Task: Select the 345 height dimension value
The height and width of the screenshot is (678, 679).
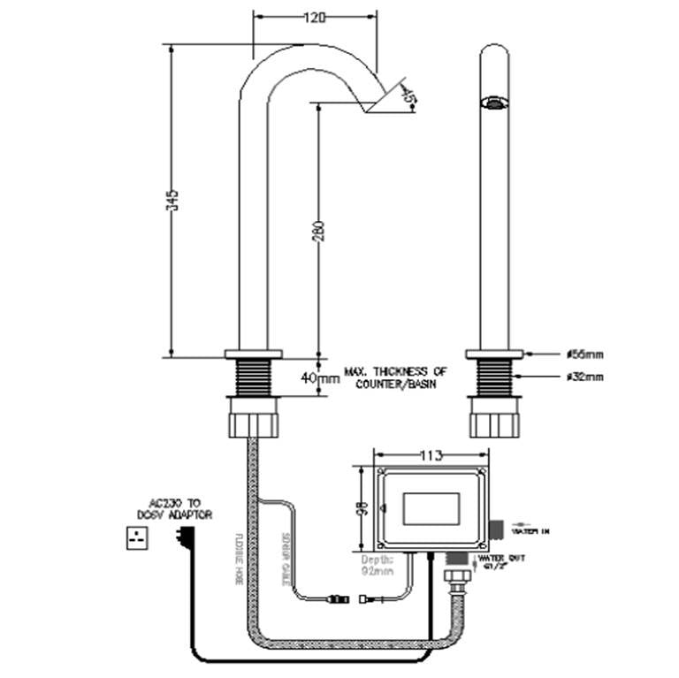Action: click(x=173, y=202)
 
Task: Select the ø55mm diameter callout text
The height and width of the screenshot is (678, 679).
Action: click(x=584, y=354)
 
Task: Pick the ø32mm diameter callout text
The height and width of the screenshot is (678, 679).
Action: click(x=584, y=377)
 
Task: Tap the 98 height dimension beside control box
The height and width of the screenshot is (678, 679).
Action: click(x=361, y=508)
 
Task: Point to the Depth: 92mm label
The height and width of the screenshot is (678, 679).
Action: click(x=381, y=565)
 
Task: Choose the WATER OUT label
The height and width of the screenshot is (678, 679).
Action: click(x=497, y=563)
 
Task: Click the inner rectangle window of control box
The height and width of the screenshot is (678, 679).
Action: click(x=431, y=511)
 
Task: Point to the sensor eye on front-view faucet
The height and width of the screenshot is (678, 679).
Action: click(x=493, y=103)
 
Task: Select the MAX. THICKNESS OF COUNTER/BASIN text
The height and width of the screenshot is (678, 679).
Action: click(x=395, y=378)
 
